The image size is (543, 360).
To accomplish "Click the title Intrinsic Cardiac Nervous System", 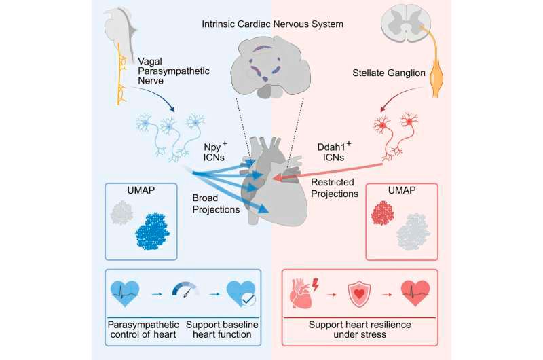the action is (273, 24).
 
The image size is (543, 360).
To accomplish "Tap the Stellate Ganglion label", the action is (389, 73).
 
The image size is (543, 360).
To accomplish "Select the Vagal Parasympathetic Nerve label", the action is (174, 71).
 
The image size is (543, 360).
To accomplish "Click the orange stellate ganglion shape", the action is (437, 78).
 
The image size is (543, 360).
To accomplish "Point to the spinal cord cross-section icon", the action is (406, 24).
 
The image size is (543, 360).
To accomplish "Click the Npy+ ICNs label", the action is (214, 151).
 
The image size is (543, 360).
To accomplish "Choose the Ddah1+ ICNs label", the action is (334, 151).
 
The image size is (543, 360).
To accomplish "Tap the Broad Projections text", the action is (216, 204).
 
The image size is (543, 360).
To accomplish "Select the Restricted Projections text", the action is (335, 187).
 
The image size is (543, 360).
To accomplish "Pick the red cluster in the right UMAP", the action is (382, 213).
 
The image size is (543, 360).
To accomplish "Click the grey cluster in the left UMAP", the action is (121, 213).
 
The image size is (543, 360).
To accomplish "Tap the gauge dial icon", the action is (185, 289).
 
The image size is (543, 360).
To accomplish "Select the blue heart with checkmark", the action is (241, 293).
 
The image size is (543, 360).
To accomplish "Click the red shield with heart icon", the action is (359, 294).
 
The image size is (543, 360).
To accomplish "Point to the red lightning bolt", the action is (316, 285).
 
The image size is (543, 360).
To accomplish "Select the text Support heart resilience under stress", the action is (360, 329).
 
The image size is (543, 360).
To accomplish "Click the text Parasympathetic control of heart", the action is (143, 329).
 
